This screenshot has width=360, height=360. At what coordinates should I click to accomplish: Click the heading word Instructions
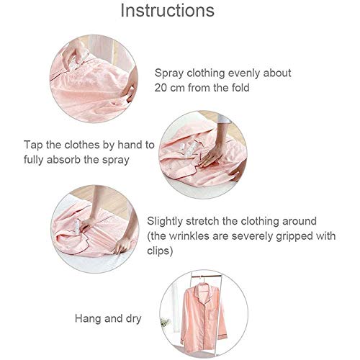167,11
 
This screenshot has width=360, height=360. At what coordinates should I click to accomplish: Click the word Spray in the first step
169,73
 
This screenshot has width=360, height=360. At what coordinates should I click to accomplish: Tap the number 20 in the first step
161,88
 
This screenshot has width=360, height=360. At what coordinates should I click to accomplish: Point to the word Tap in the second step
33,145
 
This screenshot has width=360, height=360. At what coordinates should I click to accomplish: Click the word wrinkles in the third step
189,236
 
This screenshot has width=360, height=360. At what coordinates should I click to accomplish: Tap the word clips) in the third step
160,251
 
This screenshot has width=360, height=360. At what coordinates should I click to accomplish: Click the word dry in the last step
133,319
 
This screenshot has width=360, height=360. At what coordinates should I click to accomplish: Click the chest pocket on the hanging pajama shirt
213,315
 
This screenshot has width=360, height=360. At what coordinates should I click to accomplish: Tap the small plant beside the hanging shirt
166,323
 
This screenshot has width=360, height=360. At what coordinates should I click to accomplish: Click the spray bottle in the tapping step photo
189,149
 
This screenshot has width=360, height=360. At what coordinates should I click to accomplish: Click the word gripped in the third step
294,237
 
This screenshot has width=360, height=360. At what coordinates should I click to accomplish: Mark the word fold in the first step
240,88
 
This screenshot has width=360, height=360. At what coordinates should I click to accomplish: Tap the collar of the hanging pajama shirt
202,288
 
